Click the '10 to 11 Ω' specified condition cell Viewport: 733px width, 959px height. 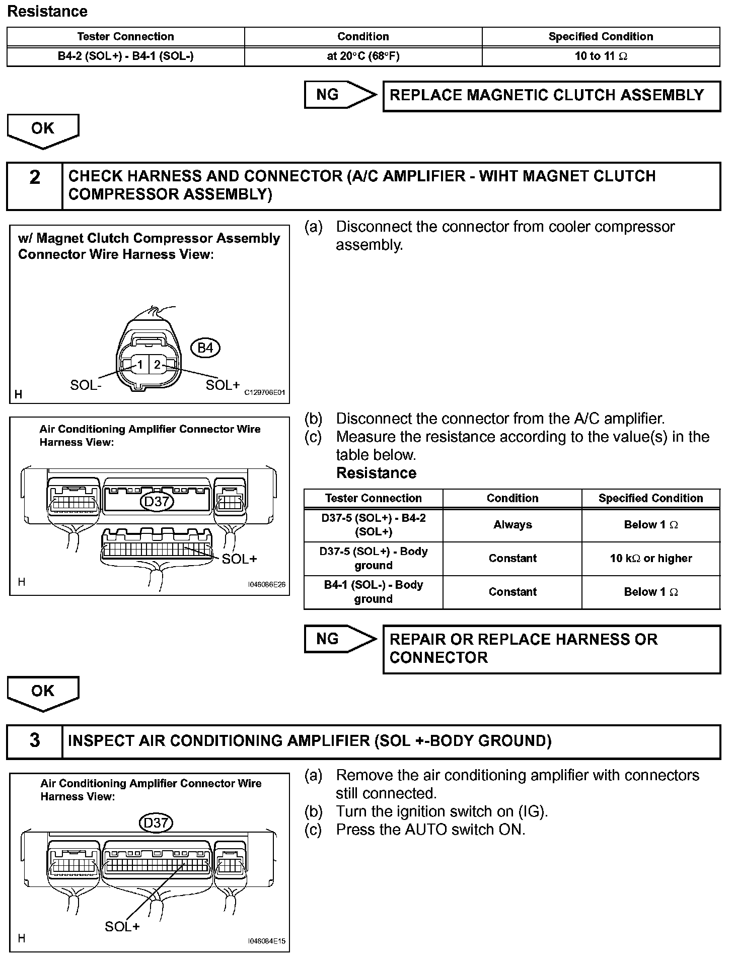pos(601,56)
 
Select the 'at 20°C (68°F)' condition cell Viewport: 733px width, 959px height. pos(363,56)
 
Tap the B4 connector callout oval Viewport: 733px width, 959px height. pos(205,348)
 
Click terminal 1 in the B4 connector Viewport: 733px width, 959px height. pos(140,365)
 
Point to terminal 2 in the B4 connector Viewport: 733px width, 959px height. pos(158,365)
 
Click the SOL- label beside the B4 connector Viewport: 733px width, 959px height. pos(86,385)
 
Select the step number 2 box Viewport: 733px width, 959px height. pos(35,186)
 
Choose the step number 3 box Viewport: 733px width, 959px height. pos(35,741)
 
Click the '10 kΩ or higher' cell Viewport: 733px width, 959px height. pos(650,558)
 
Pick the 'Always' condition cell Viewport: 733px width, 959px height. pos(512,525)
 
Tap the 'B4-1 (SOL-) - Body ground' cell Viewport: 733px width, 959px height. pos(373,592)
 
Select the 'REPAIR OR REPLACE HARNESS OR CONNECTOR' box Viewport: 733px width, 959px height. pos(551,649)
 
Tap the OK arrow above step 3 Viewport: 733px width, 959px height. pos(43,693)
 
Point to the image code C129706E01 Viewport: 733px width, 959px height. pos(265,393)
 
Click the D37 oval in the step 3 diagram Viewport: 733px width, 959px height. pos(156,823)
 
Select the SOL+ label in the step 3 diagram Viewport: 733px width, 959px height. pos(122,927)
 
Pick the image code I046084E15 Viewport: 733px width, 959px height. pos(266,941)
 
